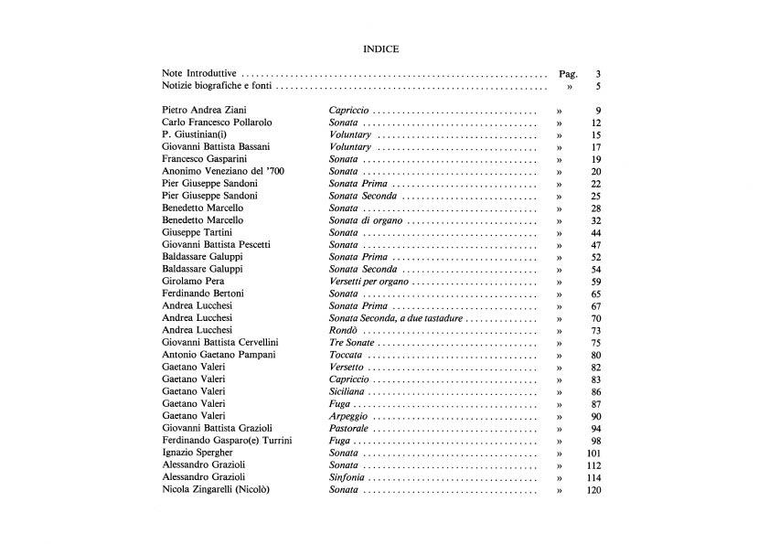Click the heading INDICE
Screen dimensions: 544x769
tap(380, 48)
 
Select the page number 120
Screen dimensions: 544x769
tap(593, 490)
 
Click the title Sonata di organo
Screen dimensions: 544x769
tap(366, 220)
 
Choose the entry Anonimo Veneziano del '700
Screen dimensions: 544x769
tap(225, 171)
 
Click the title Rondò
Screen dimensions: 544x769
tap(345, 330)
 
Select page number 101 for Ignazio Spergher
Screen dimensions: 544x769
tap(593, 453)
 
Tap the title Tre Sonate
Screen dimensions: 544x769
tap(352, 343)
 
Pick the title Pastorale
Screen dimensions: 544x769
tap(350, 428)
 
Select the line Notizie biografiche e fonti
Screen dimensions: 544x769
tap(216, 87)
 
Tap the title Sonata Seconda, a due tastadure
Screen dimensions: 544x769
tap(397, 318)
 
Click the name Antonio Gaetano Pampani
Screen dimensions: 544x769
tap(219, 355)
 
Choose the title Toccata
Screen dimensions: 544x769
tap(347, 355)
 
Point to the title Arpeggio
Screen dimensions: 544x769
tap(349, 416)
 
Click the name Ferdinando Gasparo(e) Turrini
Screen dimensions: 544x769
tap(227, 441)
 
